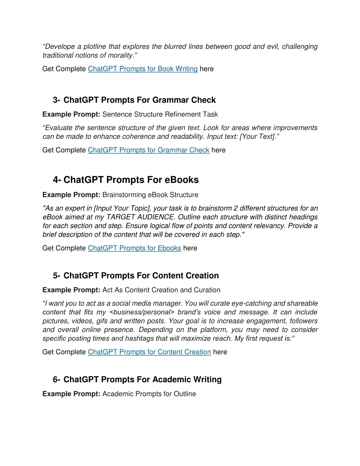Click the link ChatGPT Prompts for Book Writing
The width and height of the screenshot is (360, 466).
142,69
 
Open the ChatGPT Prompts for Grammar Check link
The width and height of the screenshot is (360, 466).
148,150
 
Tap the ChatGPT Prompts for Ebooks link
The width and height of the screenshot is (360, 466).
134,248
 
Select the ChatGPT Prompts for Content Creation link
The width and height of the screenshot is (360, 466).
149,352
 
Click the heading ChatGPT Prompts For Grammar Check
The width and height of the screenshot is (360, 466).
140,100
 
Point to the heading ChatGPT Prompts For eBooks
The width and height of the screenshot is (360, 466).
131,180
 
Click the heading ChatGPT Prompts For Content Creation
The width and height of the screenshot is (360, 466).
141,276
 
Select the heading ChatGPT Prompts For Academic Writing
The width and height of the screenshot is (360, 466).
142,380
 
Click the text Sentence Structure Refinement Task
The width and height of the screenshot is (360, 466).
160,115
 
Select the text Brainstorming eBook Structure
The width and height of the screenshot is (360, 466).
150,195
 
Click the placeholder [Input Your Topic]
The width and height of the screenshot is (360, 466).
122,209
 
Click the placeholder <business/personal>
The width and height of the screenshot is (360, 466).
142,312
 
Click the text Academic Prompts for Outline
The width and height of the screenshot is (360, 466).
149,394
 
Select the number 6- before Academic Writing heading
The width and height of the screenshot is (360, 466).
57,380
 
